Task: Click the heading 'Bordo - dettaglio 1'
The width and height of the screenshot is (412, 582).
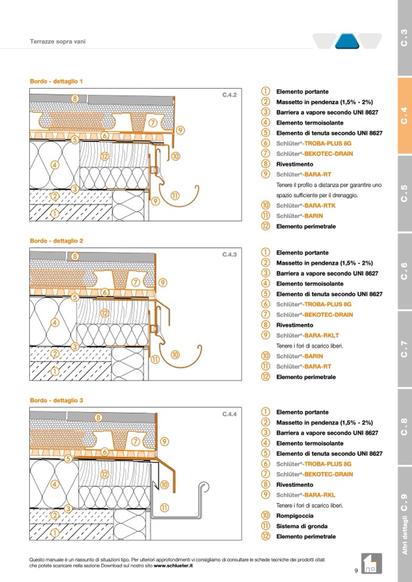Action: point(56,81)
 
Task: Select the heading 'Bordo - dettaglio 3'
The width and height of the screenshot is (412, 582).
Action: point(56,401)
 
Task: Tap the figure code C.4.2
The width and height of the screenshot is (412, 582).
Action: point(228,95)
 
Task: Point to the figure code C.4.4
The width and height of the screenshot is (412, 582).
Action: point(228,415)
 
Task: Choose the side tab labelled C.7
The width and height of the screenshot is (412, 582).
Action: point(404,350)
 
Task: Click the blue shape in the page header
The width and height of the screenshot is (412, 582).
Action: point(347,41)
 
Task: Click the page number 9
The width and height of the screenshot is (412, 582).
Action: point(356,570)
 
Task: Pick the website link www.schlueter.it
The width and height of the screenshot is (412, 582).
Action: point(173,566)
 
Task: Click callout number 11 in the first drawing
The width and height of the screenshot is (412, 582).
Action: point(175,195)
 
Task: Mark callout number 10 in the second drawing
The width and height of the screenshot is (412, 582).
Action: point(175,354)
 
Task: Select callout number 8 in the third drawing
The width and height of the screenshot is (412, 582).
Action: point(98,417)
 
